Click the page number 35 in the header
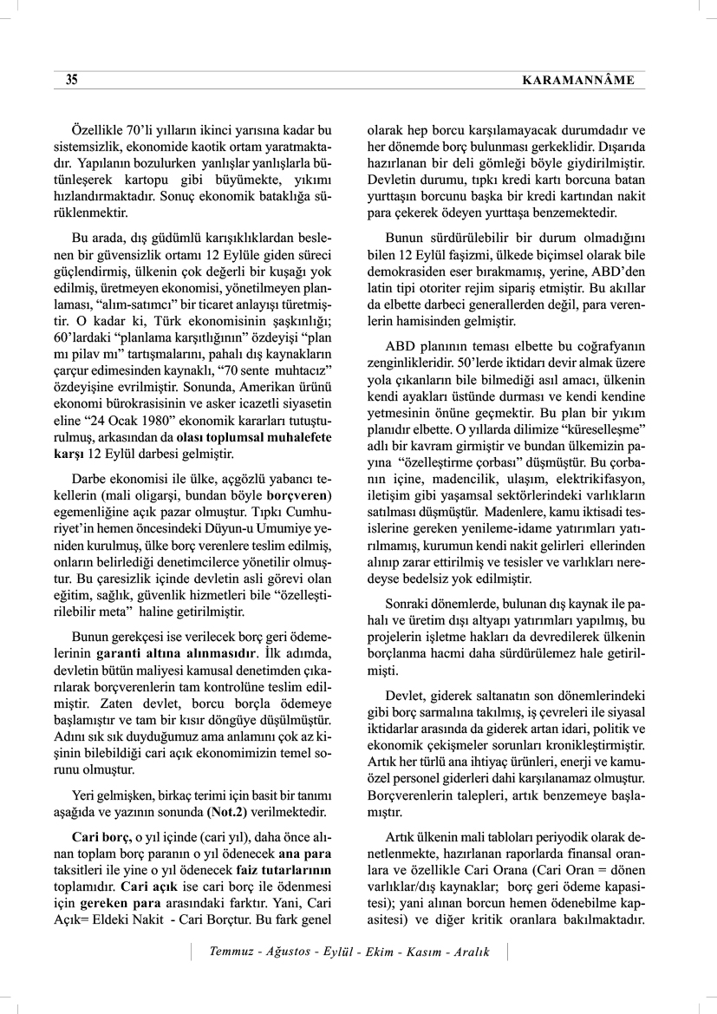pos(72,81)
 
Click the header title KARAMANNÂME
pos(578,81)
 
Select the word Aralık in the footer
pos(469,952)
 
